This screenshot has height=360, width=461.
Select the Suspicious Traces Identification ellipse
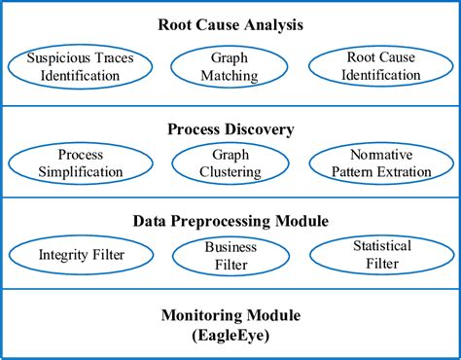pyautogui.click(x=81, y=66)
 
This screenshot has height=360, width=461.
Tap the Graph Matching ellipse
pyautogui.click(x=230, y=66)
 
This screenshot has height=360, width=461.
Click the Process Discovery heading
pyautogui.click(x=230, y=129)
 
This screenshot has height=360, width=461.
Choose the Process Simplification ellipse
pyautogui.click(x=81, y=163)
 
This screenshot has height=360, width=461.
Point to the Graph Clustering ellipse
pyautogui.click(x=230, y=163)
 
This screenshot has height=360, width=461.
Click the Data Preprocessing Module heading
pyautogui.click(x=230, y=221)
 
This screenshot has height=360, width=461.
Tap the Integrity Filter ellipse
pyautogui.click(x=81, y=255)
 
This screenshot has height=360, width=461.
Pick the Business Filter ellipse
pyautogui.click(x=230, y=255)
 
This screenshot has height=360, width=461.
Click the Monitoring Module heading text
pyautogui.click(x=230, y=314)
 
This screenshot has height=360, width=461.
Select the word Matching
pyautogui.click(x=230, y=75)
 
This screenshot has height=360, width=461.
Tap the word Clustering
pyautogui.click(x=230, y=172)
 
